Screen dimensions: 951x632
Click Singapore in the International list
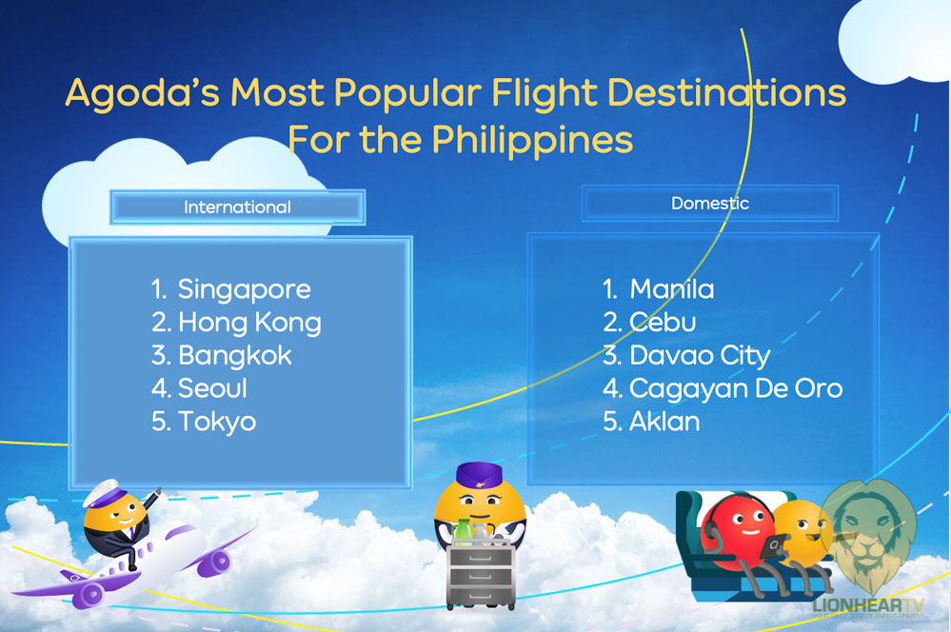(x=244, y=289)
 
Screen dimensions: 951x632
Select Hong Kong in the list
(x=249, y=323)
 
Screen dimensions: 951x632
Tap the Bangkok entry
(x=235, y=355)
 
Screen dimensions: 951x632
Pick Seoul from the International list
(x=212, y=388)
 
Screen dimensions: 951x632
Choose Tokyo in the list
(x=216, y=422)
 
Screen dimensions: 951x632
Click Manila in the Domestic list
(x=671, y=289)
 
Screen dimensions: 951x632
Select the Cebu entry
(x=663, y=322)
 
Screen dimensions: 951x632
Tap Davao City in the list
(x=700, y=355)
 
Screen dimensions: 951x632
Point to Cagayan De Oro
(x=736, y=388)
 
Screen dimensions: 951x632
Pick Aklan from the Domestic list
(x=664, y=422)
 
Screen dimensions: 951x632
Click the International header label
(x=237, y=207)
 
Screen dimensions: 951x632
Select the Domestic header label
(x=709, y=203)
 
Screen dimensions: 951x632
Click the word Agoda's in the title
(x=143, y=93)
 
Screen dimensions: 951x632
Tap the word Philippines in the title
(x=532, y=140)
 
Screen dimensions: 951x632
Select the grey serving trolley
(x=481, y=576)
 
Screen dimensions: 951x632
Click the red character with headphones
(x=738, y=530)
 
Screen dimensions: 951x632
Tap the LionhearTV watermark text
(x=868, y=605)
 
